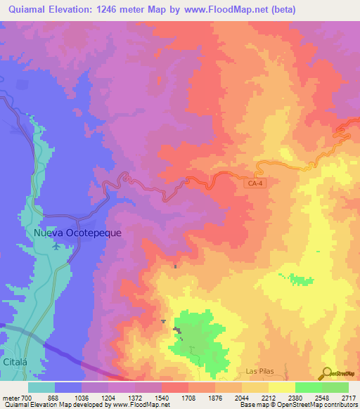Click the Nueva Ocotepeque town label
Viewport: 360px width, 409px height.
[x=69, y=233]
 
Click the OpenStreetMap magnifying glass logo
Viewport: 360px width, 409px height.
[x=327, y=373]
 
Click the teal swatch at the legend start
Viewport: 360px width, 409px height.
[x=41, y=387]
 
